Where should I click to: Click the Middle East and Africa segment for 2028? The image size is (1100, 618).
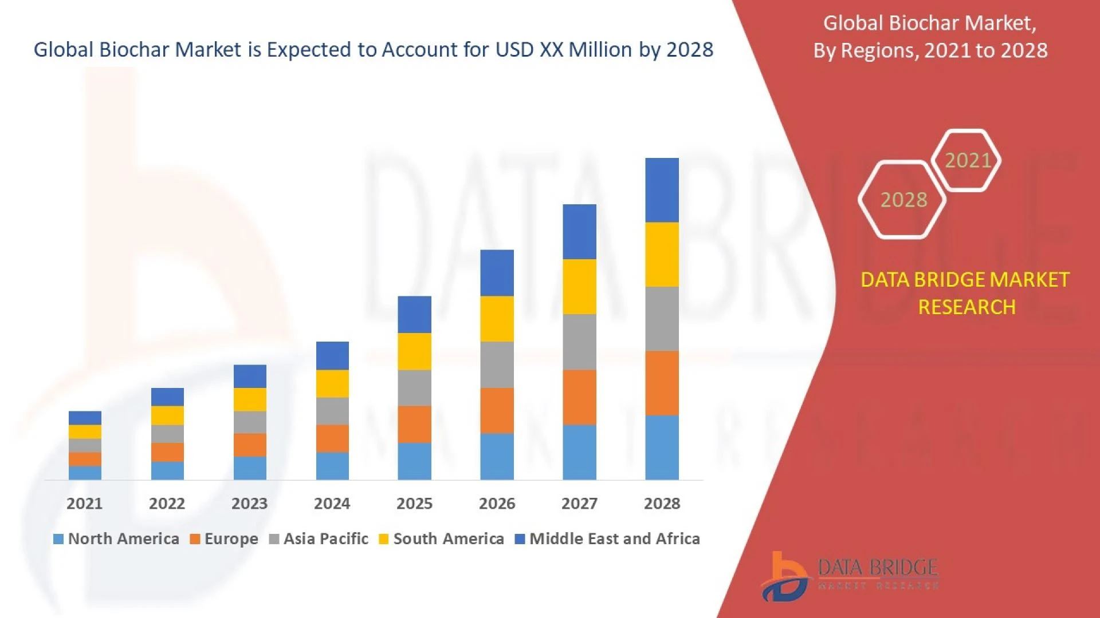click(662, 190)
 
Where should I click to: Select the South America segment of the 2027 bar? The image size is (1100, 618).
click(579, 287)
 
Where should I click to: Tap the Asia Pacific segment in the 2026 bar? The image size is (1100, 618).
click(497, 365)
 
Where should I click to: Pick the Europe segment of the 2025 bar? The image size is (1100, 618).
click(414, 424)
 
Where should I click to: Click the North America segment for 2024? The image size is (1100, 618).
click(332, 466)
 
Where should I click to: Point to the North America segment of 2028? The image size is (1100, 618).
click(662, 447)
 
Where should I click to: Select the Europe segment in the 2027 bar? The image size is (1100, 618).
click(579, 397)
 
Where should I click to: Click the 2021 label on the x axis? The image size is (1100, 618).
click(84, 504)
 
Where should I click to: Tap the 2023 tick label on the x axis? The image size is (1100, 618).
click(249, 504)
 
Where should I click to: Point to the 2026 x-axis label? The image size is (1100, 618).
click(497, 504)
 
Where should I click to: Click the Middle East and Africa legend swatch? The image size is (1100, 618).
click(520, 539)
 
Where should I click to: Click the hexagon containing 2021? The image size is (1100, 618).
click(967, 160)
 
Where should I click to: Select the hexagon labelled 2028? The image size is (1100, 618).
click(903, 200)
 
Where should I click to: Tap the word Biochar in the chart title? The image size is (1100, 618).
click(135, 50)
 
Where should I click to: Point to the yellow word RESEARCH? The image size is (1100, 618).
click(967, 307)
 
